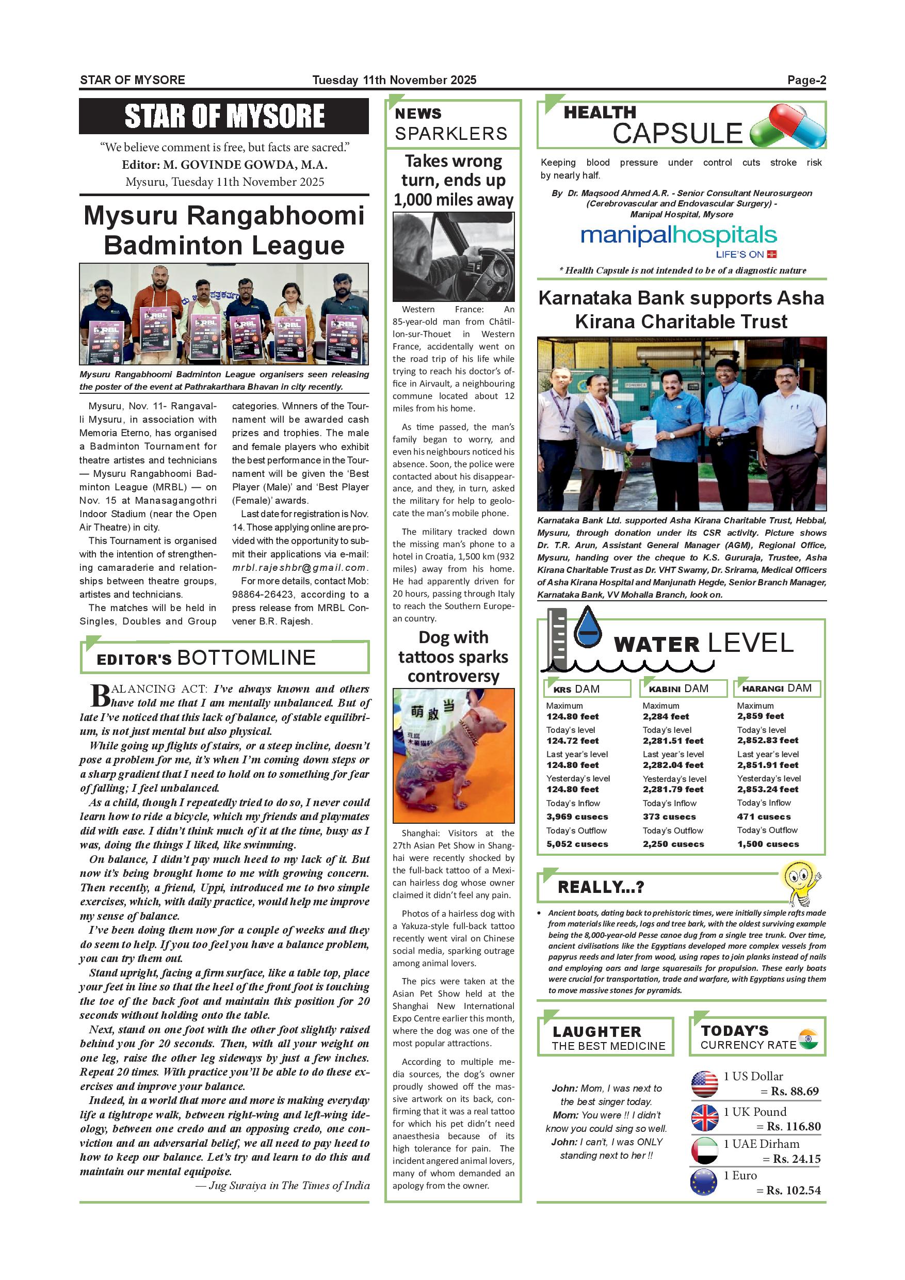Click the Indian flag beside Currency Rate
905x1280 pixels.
808,1039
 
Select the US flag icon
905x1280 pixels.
704,1084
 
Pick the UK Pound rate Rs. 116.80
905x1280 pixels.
794,1127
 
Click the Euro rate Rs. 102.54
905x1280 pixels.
794,1191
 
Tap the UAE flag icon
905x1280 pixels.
704,1150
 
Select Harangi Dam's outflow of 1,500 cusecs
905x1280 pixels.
768,844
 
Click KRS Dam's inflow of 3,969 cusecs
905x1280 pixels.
577,817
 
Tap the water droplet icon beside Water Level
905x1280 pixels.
588,628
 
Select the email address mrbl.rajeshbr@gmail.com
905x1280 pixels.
300,568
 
